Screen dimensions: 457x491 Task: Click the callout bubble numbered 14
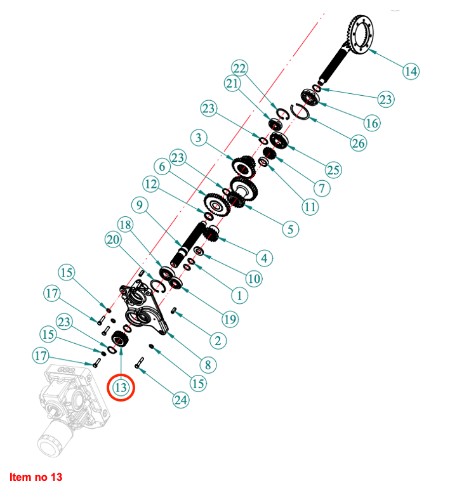tap(411, 71)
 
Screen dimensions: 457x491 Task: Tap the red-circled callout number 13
tap(121, 388)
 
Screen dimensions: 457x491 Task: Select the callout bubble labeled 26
tap(359, 143)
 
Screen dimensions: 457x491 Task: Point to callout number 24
tap(181, 400)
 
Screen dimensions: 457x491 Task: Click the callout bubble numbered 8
tap(208, 365)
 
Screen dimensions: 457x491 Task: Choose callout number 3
tap(198, 138)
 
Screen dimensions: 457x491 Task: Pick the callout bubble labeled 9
tap(140, 205)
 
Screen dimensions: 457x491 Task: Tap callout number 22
tap(240, 68)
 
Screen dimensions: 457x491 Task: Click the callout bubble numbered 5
tap(290, 229)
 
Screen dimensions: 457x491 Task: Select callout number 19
tap(230, 319)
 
